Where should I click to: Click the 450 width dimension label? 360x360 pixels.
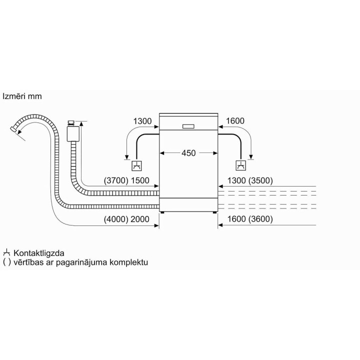[188, 153]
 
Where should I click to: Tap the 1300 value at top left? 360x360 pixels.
[142, 121]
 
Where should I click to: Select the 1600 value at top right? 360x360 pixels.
[235, 121]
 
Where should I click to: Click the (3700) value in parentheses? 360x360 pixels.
[116, 180]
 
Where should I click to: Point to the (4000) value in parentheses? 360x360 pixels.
[116, 219]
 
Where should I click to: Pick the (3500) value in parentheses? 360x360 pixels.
[260, 180]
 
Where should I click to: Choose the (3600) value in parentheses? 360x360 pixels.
[260, 219]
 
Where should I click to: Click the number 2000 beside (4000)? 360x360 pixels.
[140, 219]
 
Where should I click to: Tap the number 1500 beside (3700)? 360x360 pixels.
[140, 180]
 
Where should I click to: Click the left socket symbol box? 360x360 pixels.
[136, 166]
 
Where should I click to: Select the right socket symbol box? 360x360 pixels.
[241, 165]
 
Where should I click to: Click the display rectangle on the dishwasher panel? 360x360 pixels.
[188, 126]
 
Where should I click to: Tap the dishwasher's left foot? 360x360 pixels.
[162, 212]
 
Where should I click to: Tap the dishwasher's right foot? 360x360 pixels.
[214, 212]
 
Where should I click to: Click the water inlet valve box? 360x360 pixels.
[73, 133]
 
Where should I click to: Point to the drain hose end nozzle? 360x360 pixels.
[13, 129]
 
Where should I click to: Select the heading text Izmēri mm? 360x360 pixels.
[22, 96]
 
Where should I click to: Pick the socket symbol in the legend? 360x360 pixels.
[6, 253]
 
